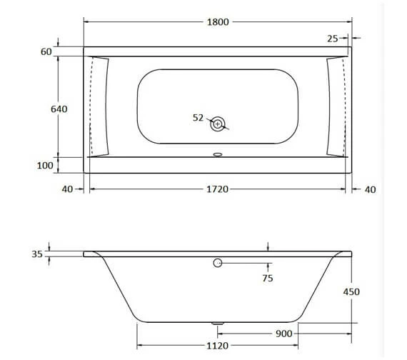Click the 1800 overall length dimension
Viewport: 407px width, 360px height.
coord(217,21)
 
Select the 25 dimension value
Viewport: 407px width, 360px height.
coord(333,38)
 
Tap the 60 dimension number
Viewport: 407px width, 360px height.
coord(46,52)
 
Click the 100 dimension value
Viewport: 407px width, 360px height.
coord(45,166)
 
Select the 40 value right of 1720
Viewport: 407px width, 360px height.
coord(369,189)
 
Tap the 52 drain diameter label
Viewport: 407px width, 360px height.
coord(198,118)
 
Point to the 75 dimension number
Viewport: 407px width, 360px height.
coord(267,279)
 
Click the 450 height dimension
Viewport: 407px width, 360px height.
coord(351,291)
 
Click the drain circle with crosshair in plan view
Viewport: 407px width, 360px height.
coord(217,124)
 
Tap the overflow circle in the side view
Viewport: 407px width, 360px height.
coord(217,264)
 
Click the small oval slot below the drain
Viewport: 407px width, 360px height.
coord(217,152)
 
